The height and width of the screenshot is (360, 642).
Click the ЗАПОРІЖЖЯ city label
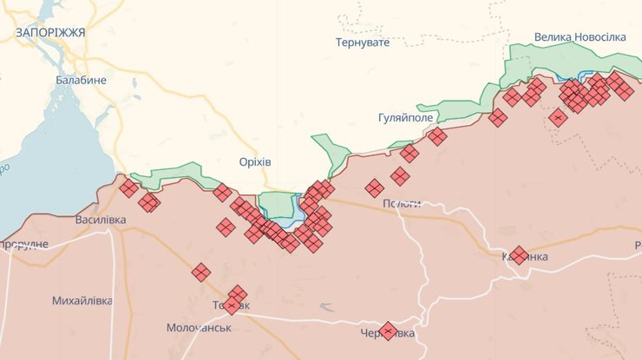[x=49, y=32]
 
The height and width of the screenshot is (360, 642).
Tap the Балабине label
[x=81, y=80]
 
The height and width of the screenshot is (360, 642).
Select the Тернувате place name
[x=363, y=43]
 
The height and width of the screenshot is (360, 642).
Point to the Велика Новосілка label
[x=580, y=36]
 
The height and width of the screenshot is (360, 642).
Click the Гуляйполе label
[x=406, y=117]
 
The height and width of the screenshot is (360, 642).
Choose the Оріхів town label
[x=255, y=162]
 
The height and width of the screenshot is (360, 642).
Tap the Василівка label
[x=100, y=219]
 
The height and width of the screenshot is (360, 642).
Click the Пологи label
[x=402, y=203]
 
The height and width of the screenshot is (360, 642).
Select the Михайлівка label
[x=82, y=300]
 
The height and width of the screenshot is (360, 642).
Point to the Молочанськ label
[x=199, y=328]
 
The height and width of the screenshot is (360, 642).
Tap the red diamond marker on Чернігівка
[x=389, y=331]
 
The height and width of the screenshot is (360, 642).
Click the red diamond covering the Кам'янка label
[x=519, y=255]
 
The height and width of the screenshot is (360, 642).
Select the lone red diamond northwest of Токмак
[x=201, y=272]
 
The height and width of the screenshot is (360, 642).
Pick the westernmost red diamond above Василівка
[x=128, y=188]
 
